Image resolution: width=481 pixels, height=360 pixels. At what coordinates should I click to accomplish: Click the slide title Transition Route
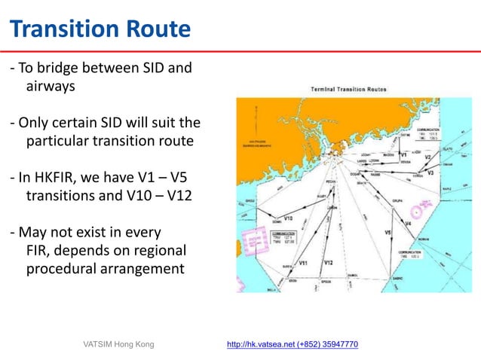click(100, 29)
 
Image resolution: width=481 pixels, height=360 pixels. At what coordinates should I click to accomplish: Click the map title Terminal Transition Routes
click(349, 90)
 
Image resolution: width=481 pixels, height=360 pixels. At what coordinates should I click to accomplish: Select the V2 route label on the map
click(427, 157)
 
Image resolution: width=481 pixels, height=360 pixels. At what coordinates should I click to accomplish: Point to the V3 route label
click(430, 173)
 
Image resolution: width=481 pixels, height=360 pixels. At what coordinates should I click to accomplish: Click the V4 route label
click(408, 224)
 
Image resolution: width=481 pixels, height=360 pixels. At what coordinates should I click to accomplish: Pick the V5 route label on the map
click(388, 233)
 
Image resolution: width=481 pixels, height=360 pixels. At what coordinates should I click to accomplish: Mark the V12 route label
click(328, 262)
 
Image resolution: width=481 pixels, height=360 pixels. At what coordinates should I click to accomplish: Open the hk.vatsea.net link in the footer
click(293, 344)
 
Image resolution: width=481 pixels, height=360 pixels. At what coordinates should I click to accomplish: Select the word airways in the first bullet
click(51, 87)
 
